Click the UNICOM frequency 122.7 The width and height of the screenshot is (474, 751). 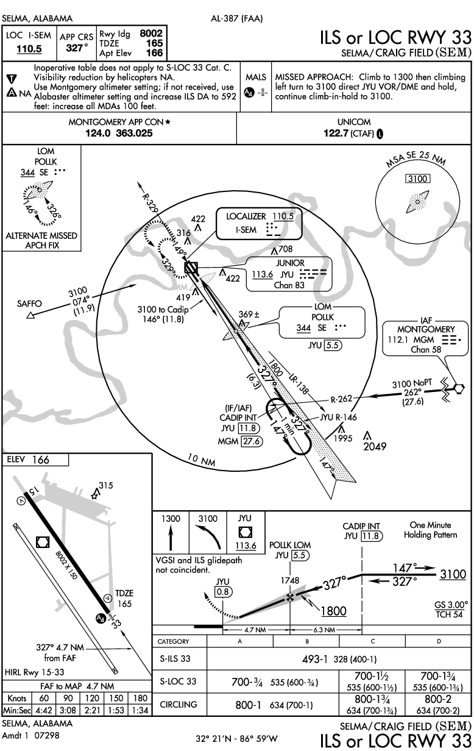[337, 134]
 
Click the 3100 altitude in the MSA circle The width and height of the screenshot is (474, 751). [419, 179]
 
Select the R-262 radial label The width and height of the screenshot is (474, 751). [342, 400]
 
